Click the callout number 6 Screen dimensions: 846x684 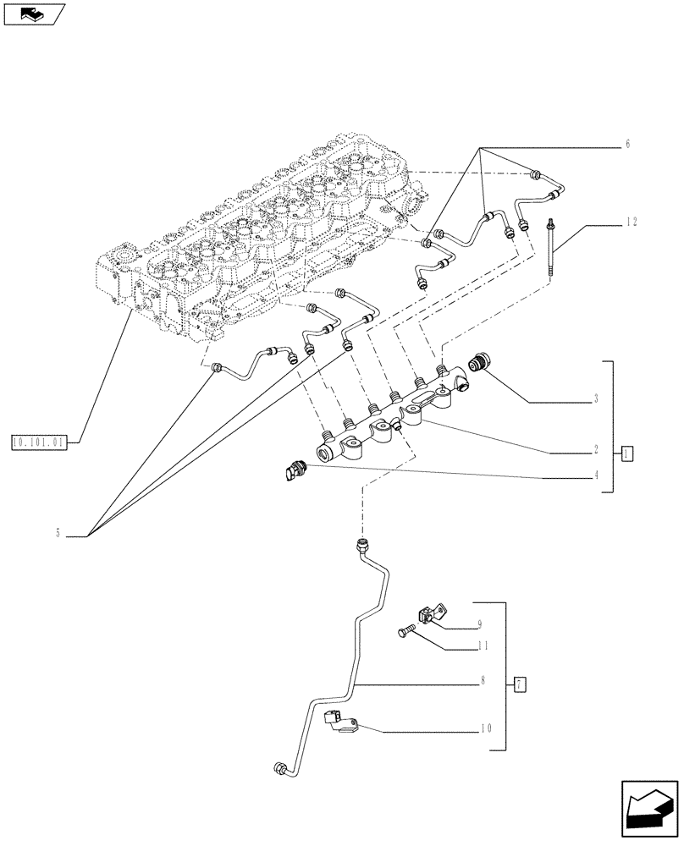click(627, 145)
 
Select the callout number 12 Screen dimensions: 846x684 click(632, 222)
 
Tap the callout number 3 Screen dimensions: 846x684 click(596, 398)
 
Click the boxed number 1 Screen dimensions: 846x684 click(626, 453)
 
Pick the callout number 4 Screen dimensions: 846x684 click(596, 475)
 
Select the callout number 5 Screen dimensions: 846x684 click(58, 533)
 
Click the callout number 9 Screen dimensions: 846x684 click(479, 624)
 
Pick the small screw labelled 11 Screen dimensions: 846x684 click(408, 630)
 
